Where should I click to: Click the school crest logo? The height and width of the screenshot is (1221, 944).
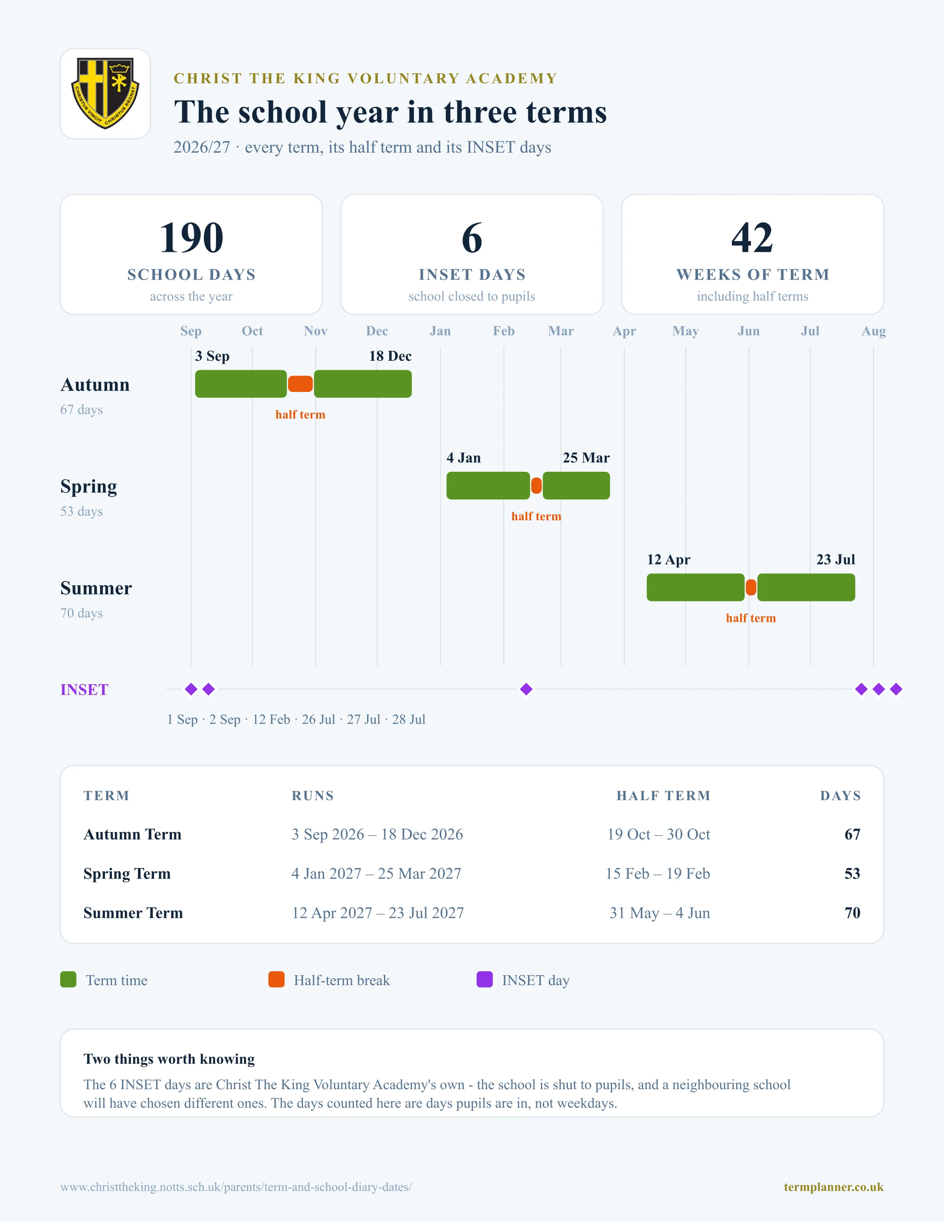[105, 93]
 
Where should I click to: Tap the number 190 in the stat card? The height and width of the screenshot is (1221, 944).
[191, 238]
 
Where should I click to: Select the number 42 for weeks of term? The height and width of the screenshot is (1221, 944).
[752, 238]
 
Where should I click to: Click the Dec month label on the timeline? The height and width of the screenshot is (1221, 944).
[377, 331]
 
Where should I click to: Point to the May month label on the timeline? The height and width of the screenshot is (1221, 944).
[685, 331]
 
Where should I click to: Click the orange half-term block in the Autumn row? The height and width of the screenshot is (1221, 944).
[300, 384]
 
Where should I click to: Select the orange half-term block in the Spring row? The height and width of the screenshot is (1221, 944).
[536, 486]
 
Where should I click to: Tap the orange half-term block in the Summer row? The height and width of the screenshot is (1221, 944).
[751, 588]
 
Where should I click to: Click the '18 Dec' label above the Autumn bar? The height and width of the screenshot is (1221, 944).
[390, 356]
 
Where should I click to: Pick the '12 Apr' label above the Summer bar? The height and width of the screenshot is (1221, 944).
[669, 560]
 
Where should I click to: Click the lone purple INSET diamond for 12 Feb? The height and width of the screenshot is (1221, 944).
[526, 689]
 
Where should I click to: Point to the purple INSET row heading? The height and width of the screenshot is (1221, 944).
[85, 690]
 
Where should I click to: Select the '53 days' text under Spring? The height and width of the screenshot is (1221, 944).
[82, 512]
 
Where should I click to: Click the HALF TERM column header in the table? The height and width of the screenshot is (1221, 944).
[663, 796]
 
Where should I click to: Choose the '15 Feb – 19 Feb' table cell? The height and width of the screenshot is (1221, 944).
[658, 873]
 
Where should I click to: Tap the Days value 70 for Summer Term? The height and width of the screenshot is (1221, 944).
[852, 913]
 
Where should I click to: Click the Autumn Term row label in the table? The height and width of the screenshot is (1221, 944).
[133, 834]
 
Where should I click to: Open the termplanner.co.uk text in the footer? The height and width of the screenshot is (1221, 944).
[833, 1187]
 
